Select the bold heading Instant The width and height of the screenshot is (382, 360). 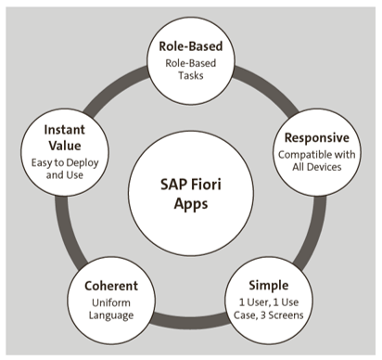pos(67,129)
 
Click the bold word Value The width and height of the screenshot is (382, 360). pos(67,147)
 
